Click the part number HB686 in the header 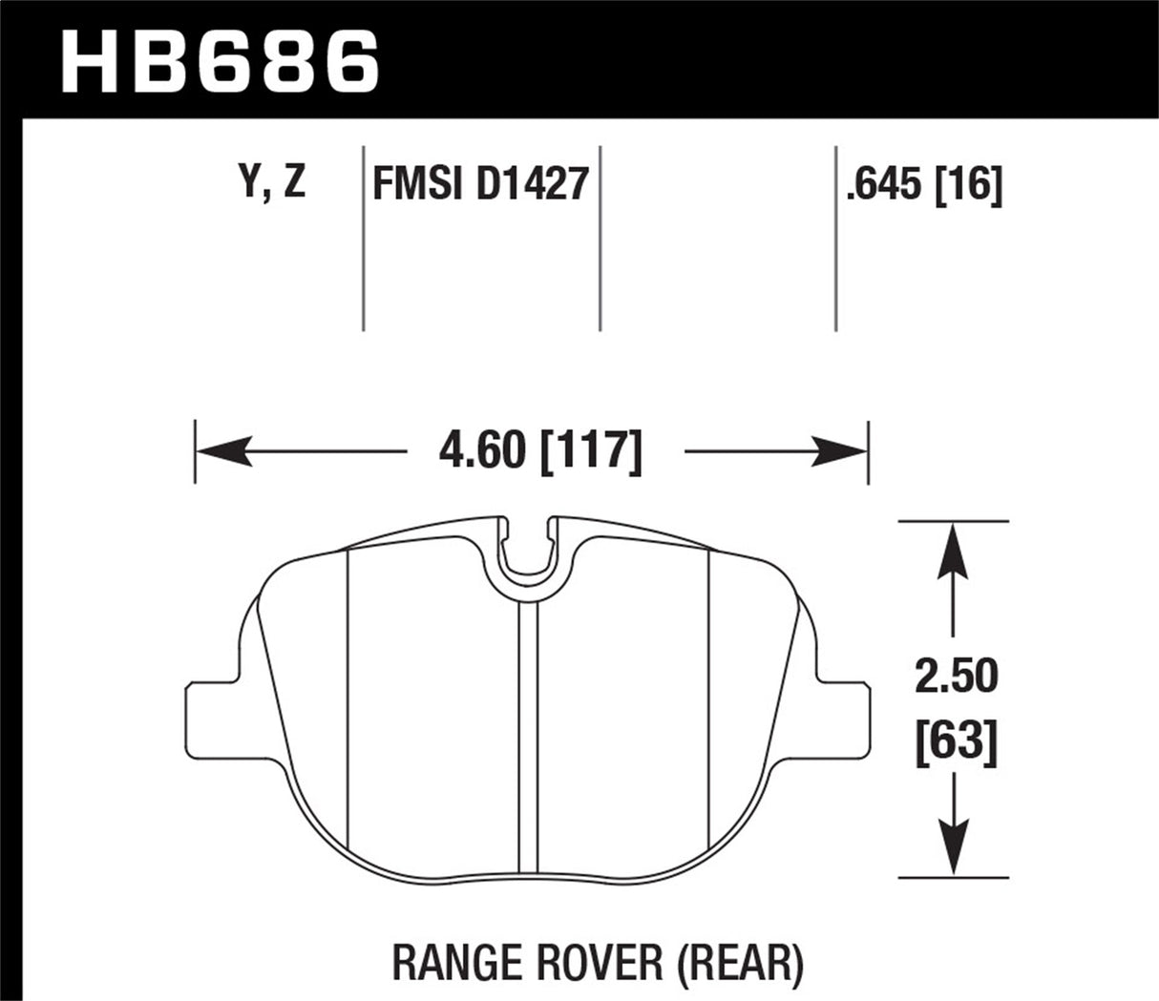pyautogui.click(x=220, y=62)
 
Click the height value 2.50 pyautogui.click(x=956, y=677)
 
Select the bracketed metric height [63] pyautogui.click(x=956, y=740)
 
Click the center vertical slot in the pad pyautogui.click(x=528, y=725)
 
